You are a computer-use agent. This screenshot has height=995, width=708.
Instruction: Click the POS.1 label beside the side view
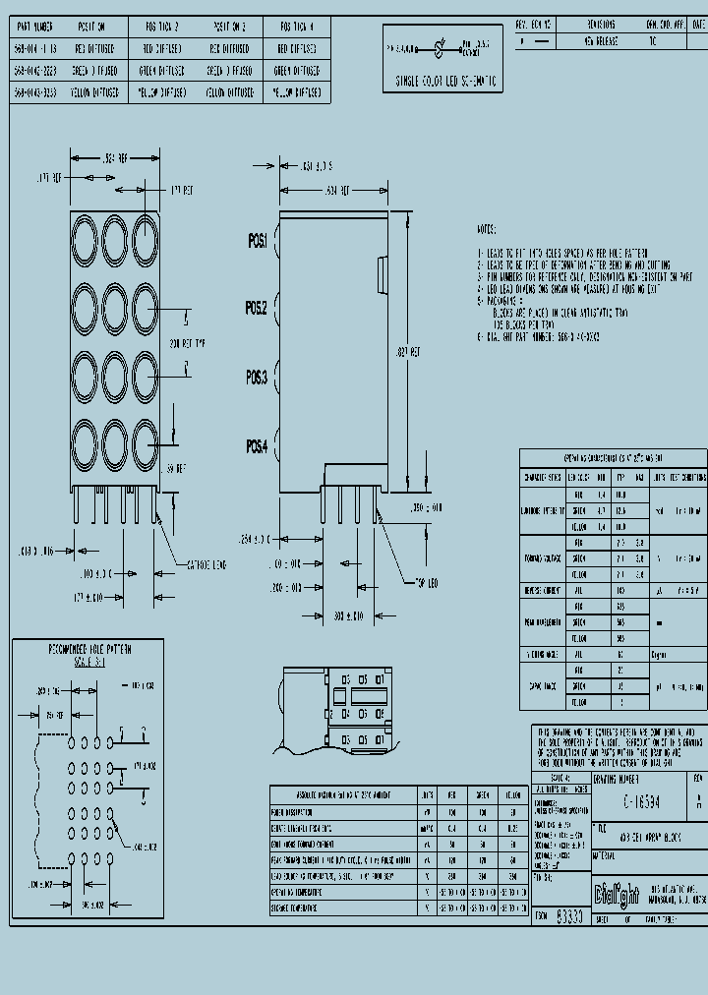click(x=257, y=241)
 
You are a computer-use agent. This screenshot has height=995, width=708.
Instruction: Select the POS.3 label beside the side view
click(x=257, y=376)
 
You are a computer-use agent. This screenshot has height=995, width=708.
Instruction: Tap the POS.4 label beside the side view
click(x=257, y=446)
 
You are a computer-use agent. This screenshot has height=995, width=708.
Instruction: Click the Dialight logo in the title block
click(x=616, y=892)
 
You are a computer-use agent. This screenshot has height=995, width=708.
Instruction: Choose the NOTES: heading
click(x=487, y=228)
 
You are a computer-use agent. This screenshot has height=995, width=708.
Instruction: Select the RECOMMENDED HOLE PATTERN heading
click(x=90, y=649)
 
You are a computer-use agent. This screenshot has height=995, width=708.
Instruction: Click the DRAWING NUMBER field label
click(x=617, y=777)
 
